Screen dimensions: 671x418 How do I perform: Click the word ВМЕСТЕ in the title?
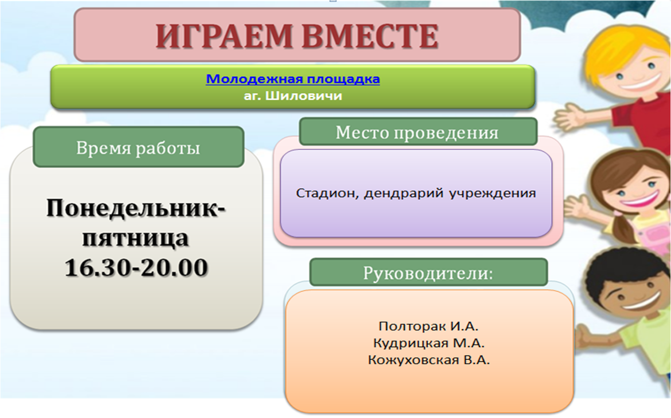coord(370,36)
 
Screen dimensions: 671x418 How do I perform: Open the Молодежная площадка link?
coord(293,79)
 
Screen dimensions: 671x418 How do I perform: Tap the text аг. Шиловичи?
coord(293,96)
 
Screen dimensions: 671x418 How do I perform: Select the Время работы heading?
coord(138,148)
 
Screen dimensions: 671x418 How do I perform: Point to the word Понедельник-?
coord(136,208)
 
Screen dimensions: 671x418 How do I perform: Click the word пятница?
coord(136,238)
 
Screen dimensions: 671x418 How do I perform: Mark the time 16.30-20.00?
coord(136,267)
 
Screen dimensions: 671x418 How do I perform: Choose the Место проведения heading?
coord(417,133)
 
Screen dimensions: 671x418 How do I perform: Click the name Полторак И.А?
coord(429,326)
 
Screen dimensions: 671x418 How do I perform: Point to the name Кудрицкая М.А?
coord(429,343)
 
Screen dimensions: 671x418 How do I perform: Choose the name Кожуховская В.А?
coord(429,360)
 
